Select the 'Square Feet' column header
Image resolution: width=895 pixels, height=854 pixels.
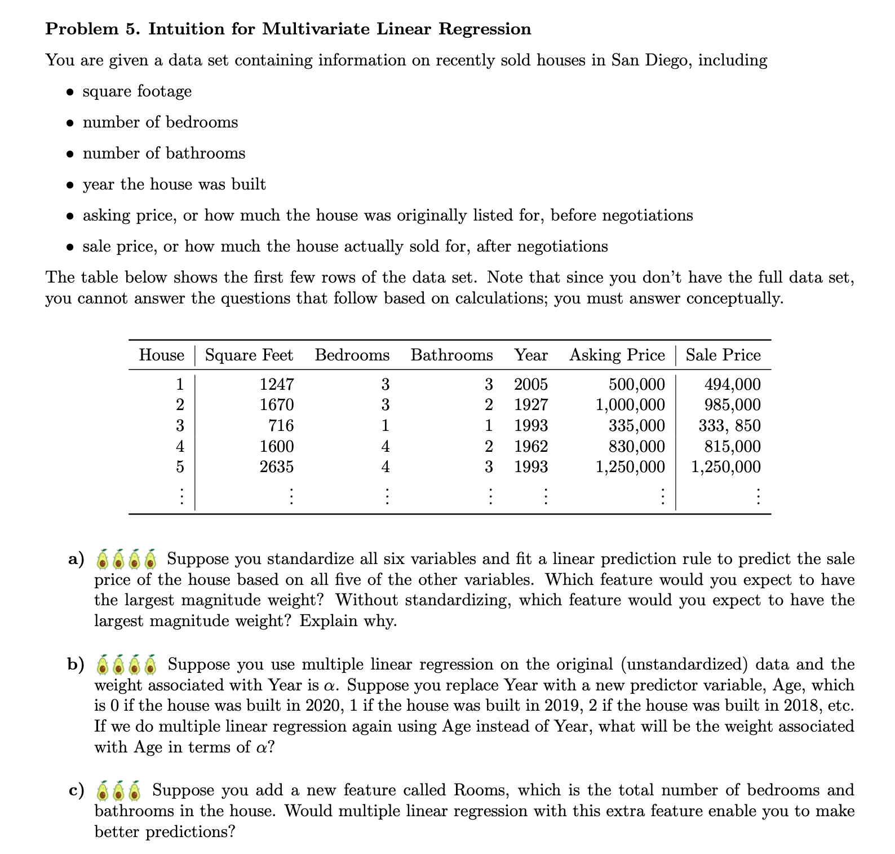point(249,355)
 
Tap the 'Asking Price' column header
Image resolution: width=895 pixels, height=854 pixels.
point(617,355)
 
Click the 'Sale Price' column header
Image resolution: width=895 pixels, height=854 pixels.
point(723,355)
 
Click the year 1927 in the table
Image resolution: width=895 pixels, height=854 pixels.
point(530,405)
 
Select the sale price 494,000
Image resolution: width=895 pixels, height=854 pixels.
point(732,385)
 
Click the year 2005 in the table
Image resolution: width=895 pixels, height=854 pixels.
point(530,385)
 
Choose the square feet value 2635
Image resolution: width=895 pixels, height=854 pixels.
point(276,466)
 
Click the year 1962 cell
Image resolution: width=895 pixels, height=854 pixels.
point(530,446)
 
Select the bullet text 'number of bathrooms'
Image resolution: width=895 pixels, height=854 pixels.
point(163,153)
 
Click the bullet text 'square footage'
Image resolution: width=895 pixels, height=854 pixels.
point(137,91)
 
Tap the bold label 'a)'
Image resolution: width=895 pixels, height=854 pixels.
point(76,559)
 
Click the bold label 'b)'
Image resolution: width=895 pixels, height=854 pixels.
point(76,664)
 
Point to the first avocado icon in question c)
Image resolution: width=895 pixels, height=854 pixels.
point(103,791)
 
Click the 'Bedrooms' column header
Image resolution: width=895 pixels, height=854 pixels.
point(352,355)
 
